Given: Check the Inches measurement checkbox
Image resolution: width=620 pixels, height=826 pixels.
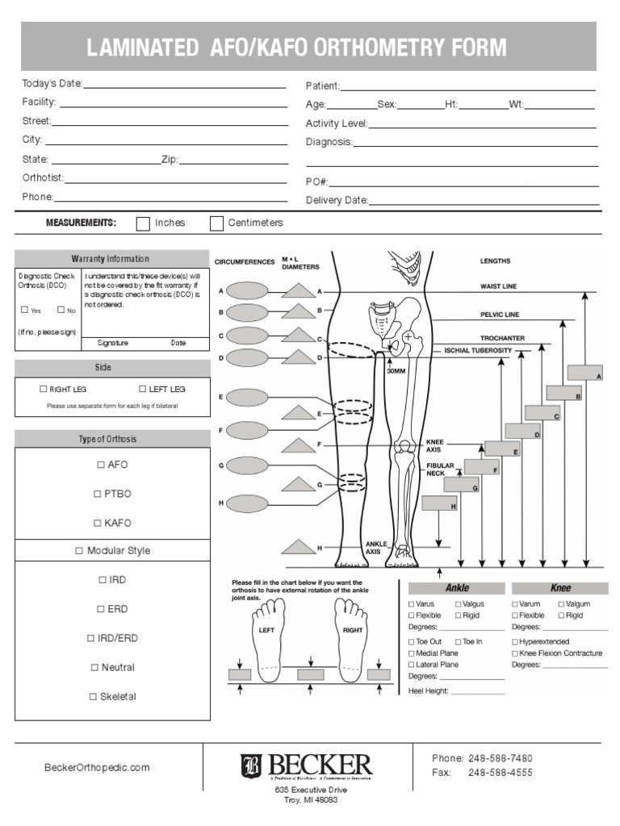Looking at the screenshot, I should (x=143, y=223).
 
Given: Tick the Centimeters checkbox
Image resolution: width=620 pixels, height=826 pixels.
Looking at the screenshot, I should (x=216, y=223).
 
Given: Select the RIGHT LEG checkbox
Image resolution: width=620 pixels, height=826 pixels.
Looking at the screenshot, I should (x=44, y=389).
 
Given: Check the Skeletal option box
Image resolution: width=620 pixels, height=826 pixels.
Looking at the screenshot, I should (x=93, y=697).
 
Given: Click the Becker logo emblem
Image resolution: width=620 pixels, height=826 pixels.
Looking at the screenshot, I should (x=252, y=766).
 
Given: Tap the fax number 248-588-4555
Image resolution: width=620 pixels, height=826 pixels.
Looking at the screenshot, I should (x=501, y=773).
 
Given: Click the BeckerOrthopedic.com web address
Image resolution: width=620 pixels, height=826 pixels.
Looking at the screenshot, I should (x=96, y=768).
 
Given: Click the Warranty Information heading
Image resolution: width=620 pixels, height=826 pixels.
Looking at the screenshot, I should (x=110, y=259).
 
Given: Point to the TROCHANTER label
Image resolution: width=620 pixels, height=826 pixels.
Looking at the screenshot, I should (x=502, y=338).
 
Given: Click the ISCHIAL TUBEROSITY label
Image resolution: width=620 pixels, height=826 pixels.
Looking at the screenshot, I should (x=478, y=351).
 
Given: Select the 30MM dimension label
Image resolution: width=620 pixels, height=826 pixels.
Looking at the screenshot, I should (x=396, y=371).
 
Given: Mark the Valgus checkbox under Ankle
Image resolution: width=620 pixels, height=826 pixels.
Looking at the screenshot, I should (x=458, y=604).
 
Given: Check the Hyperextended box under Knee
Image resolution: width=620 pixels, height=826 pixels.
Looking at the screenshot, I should (x=515, y=642).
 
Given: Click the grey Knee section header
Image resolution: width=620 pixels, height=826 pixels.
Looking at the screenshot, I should (x=559, y=588).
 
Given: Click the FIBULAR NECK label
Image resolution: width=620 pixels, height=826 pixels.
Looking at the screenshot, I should (x=441, y=469).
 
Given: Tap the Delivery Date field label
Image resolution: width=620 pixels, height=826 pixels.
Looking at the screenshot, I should (x=337, y=200).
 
